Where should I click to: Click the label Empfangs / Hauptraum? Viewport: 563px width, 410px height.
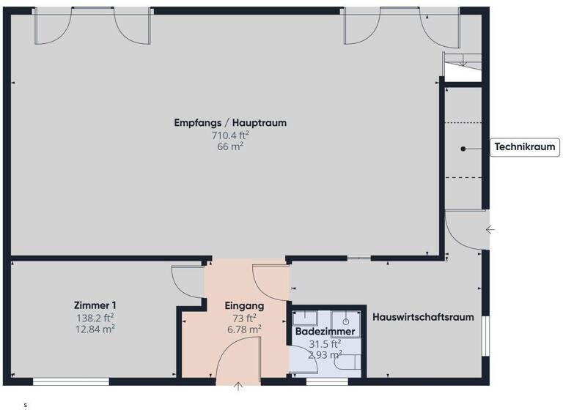tap(230, 123)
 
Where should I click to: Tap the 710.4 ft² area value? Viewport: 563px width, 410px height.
tap(230, 135)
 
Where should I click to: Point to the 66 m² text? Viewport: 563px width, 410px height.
tap(230, 146)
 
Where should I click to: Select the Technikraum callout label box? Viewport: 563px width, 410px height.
tap(524, 148)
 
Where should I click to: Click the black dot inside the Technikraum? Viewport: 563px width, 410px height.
tap(463, 149)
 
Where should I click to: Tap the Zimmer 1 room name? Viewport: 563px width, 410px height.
tap(95, 305)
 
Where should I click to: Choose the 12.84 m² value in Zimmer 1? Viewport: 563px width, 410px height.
tap(95, 329)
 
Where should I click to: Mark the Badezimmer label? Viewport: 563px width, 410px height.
tap(325, 332)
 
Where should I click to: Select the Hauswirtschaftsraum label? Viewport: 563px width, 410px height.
tap(423, 317)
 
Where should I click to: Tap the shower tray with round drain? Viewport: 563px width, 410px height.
tap(345, 321)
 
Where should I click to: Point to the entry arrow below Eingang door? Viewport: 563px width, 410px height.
tap(239, 386)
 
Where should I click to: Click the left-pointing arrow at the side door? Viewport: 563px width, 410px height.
tap(490, 230)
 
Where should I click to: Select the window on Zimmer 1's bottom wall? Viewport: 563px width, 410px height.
tap(71, 381)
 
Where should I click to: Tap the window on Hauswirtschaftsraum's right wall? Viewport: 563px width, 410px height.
tap(484, 335)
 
